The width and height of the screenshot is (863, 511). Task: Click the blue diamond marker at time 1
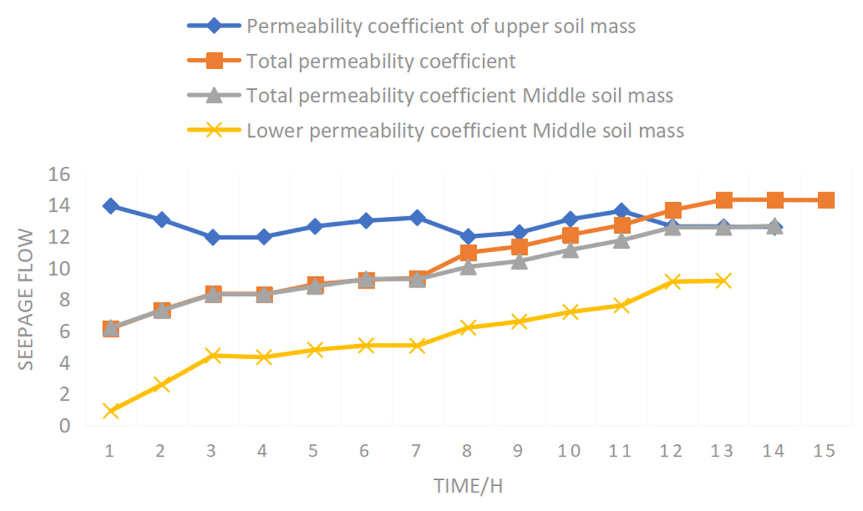(110, 206)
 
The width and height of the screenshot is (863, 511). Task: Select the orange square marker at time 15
(826, 200)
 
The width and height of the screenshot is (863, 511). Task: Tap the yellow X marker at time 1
(110, 411)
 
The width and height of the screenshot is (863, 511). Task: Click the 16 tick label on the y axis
(59, 174)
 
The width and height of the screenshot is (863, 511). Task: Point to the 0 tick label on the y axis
(64, 426)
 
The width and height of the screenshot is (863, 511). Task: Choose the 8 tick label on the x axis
(467, 451)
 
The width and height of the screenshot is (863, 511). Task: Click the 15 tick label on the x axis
(824, 451)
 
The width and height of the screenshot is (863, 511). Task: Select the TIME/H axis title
(468, 486)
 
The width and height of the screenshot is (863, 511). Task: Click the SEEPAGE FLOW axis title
(26, 299)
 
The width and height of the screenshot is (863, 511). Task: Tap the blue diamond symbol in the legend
(214, 26)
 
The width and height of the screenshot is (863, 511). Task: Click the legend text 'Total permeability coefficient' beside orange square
(381, 61)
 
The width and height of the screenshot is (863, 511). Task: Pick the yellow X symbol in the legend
(214, 130)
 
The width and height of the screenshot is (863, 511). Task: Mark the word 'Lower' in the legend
(274, 131)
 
